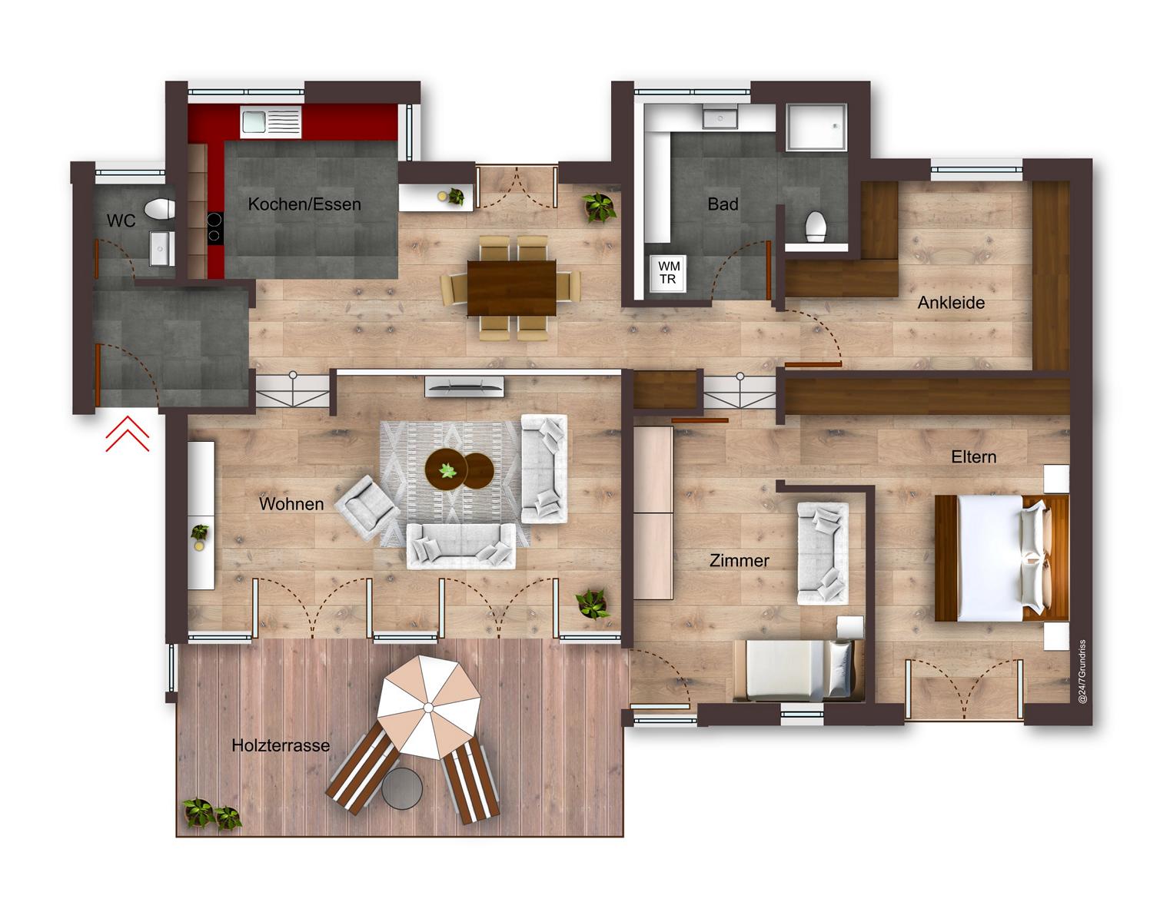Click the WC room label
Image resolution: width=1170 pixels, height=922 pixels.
(121, 221)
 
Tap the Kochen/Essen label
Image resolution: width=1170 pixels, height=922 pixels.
(304, 204)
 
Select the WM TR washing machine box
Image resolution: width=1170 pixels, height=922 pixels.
(668, 274)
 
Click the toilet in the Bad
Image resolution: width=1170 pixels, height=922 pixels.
(816, 226)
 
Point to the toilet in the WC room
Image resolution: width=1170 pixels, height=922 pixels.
(160, 209)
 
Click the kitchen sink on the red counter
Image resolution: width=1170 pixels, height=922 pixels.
(271, 121)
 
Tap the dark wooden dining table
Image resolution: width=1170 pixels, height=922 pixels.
(512, 288)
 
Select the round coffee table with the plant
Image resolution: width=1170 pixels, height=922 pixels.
(447, 469)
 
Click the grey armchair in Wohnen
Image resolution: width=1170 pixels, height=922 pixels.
(367, 506)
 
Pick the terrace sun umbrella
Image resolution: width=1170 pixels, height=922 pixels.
(429, 707)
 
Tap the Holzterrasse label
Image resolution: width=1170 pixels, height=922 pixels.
(281, 745)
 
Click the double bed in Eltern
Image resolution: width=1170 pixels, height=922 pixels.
(1002, 558)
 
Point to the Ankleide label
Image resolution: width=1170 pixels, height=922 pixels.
(951, 303)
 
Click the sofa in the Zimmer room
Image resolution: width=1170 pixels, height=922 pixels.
(823, 553)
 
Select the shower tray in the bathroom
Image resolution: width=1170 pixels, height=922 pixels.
(816, 127)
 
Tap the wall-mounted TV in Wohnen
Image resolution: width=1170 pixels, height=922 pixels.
(464, 386)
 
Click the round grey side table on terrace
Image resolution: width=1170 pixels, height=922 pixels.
(402, 788)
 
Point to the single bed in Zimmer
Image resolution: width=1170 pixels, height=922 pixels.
(798, 671)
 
